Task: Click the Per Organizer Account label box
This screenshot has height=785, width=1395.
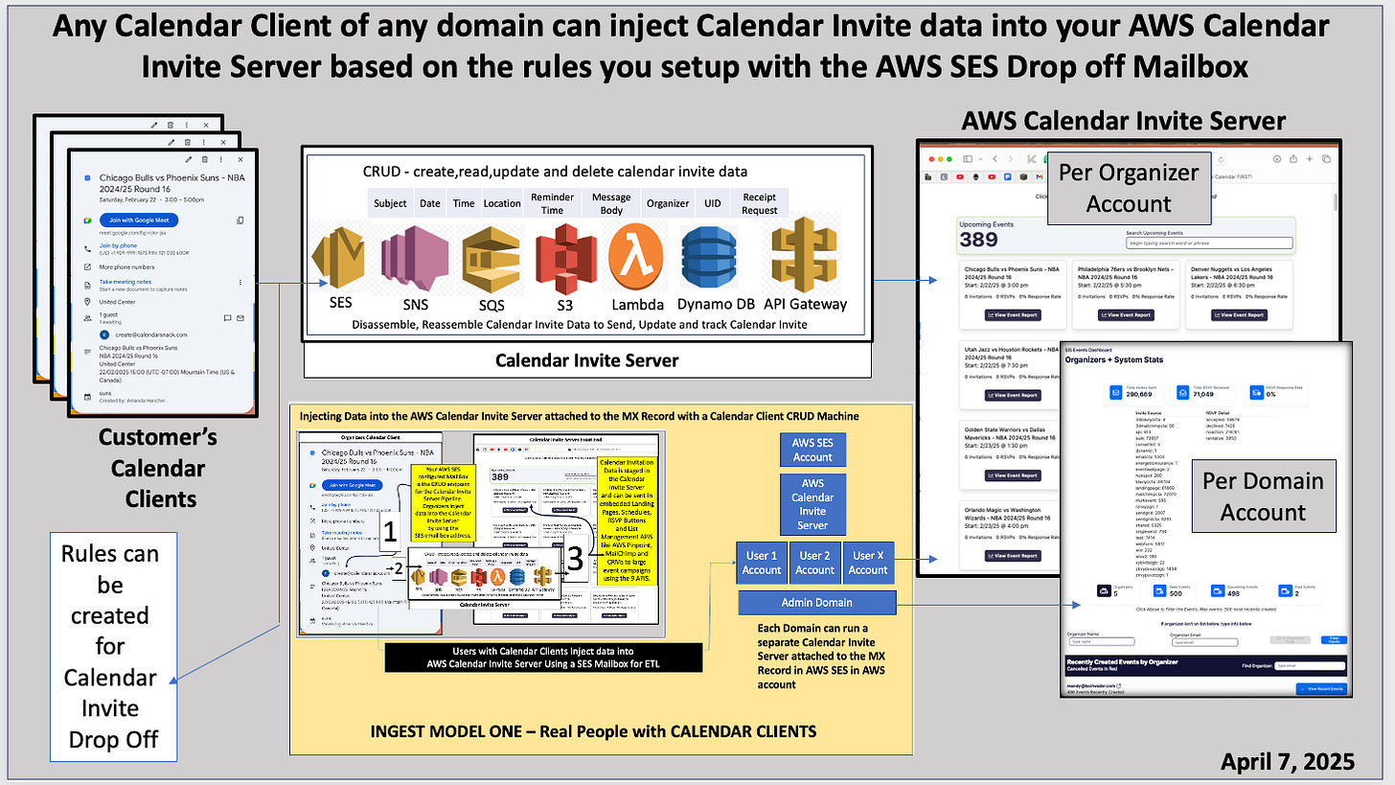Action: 1128,189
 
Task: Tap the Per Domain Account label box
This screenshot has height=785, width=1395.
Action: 1263,496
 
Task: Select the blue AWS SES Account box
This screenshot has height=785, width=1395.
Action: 812,450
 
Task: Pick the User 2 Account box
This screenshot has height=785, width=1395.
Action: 814,563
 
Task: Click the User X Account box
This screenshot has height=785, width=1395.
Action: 868,563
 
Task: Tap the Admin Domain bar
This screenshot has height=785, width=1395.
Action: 816,602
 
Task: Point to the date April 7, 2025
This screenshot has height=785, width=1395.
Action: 1287,761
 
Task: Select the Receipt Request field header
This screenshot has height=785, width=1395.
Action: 759,203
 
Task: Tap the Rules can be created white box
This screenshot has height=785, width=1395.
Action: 109,646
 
